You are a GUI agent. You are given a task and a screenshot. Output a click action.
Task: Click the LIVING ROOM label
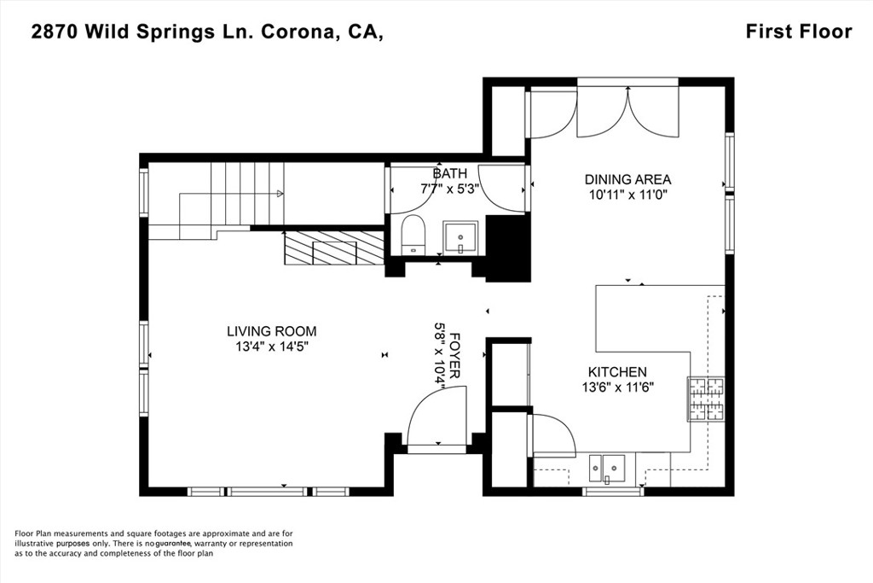point(272,331)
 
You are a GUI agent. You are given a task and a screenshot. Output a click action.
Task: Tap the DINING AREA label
point(627,179)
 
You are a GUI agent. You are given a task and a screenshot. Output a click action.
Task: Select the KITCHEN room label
point(617,372)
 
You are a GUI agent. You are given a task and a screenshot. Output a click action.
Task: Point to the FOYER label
point(454,356)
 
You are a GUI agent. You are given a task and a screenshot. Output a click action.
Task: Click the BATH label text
point(450,173)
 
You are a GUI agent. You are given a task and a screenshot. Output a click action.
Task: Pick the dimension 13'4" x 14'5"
point(272,347)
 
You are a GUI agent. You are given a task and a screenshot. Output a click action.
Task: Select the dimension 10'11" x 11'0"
point(627,195)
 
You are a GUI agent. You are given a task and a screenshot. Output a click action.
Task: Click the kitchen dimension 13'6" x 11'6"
point(617,388)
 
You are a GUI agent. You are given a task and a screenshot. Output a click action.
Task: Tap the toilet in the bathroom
point(413,235)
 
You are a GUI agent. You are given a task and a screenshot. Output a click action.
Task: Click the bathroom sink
point(460,238)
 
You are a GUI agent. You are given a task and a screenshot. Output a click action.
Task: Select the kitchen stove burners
point(707,399)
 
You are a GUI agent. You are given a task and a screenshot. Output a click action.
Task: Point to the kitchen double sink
point(607,467)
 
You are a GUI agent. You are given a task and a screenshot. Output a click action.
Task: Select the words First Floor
point(799,32)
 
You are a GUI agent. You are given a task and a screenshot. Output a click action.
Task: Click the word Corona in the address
point(298,33)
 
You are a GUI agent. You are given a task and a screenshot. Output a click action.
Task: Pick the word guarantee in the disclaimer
point(173,544)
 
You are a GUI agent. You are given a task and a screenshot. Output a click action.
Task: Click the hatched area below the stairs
point(334,248)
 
